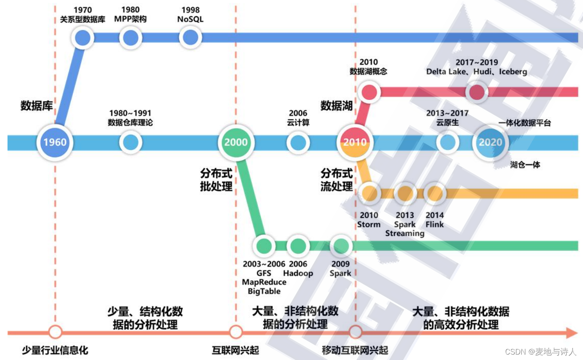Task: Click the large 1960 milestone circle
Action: click(55, 142)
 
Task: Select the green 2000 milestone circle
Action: click(236, 142)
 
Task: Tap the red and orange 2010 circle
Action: click(355, 142)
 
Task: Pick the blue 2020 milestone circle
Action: click(490, 142)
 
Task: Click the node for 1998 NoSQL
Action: click(190, 38)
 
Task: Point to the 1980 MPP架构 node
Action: click(130, 38)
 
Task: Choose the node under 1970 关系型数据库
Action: click(83, 38)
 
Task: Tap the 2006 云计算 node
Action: click(298, 142)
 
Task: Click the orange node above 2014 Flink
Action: click(435, 193)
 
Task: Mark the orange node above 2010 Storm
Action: click(369, 193)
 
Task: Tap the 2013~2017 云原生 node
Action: click(448, 142)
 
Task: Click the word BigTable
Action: click(264, 291)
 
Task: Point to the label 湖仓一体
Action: click(525, 165)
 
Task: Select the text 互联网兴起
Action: click(235, 350)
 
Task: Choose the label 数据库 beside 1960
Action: click(37, 106)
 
